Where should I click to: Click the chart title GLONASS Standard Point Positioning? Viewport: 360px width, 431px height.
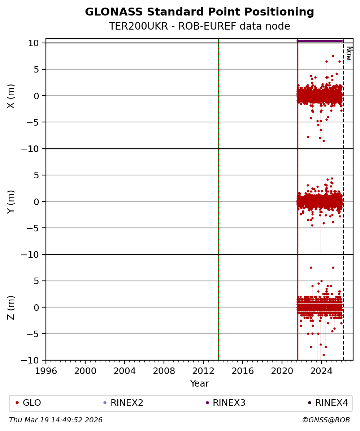coord(199,12)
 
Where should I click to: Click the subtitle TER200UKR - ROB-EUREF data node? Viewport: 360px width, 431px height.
coord(199,26)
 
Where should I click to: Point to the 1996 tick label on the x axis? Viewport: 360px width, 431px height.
coord(46,371)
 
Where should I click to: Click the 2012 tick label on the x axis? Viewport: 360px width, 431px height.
coord(203,371)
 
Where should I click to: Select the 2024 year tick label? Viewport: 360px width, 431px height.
coord(321,371)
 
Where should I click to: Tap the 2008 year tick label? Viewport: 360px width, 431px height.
coord(164,371)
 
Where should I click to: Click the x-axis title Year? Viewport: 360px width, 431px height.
coord(199,384)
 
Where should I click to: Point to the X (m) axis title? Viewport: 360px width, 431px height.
coord(11,96)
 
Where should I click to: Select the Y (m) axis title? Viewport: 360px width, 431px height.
coord(11,201)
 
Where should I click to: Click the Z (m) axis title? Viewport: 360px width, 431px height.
coord(11,307)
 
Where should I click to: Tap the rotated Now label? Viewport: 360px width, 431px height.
coord(349,53)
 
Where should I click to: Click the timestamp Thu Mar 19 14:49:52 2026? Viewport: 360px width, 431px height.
coord(56,420)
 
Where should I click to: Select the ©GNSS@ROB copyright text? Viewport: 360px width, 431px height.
coord(326,420)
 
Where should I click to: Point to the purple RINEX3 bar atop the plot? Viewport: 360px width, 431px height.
coord(320,41)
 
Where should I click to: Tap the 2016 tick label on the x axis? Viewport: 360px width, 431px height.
coord(243,371)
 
